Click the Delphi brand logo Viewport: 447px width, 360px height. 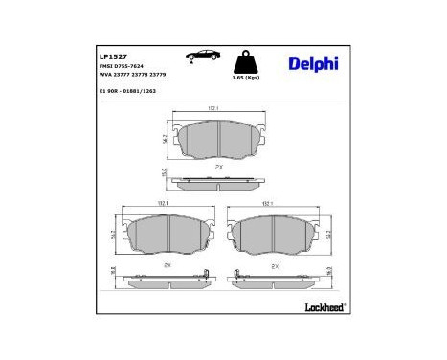coord(312,64)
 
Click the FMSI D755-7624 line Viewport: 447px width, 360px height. coord(123,66)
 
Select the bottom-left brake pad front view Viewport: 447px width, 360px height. coord(166,234)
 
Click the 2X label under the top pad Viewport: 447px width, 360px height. coord(219,166)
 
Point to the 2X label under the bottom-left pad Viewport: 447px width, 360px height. coord(167,264)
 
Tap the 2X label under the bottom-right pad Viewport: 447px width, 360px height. coord(274,264)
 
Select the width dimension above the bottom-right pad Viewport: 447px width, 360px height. coord(268,203)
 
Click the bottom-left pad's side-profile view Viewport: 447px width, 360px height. coord(166,278)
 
